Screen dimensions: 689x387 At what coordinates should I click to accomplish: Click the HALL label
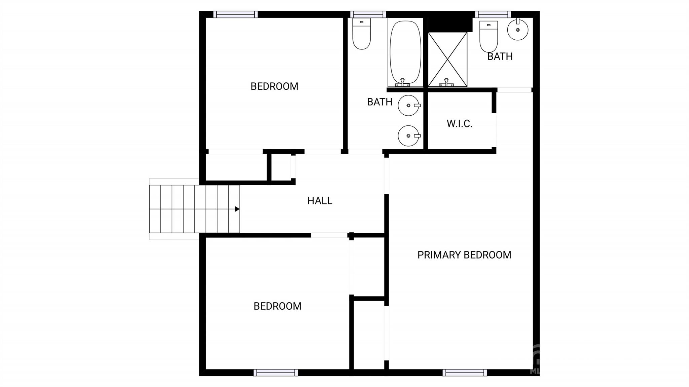coord(320,201)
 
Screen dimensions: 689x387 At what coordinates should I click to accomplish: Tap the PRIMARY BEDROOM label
coord(464,255)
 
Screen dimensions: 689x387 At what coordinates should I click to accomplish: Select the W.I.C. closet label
coord(460,124)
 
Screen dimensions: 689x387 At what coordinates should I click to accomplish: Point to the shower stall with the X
coord(447,59)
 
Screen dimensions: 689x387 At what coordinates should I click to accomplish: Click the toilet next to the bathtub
coord(362,34)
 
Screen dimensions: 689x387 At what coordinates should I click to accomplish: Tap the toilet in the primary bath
coord(488,36)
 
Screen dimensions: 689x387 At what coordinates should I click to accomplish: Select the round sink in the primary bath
coord(517,30)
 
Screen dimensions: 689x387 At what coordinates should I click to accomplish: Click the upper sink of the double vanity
coord(409,106)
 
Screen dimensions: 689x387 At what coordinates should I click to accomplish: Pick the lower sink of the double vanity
coord(409,136)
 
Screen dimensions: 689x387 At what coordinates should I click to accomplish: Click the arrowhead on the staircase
coord(237,209)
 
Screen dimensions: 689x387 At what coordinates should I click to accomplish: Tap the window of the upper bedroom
coord(235,14)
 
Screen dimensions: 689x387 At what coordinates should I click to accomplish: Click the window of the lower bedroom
coord(276,373)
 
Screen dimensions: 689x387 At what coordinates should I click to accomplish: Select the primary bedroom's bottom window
coord(465,373)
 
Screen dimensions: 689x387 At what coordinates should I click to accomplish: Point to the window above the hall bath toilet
coord(368,14)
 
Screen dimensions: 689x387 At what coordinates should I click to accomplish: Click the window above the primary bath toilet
coord(493,14)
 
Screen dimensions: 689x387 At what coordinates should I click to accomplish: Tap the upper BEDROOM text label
coord(275,86)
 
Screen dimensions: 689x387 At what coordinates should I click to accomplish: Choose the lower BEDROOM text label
coord(278,306)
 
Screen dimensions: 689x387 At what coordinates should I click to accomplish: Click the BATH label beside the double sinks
coord(380,102)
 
